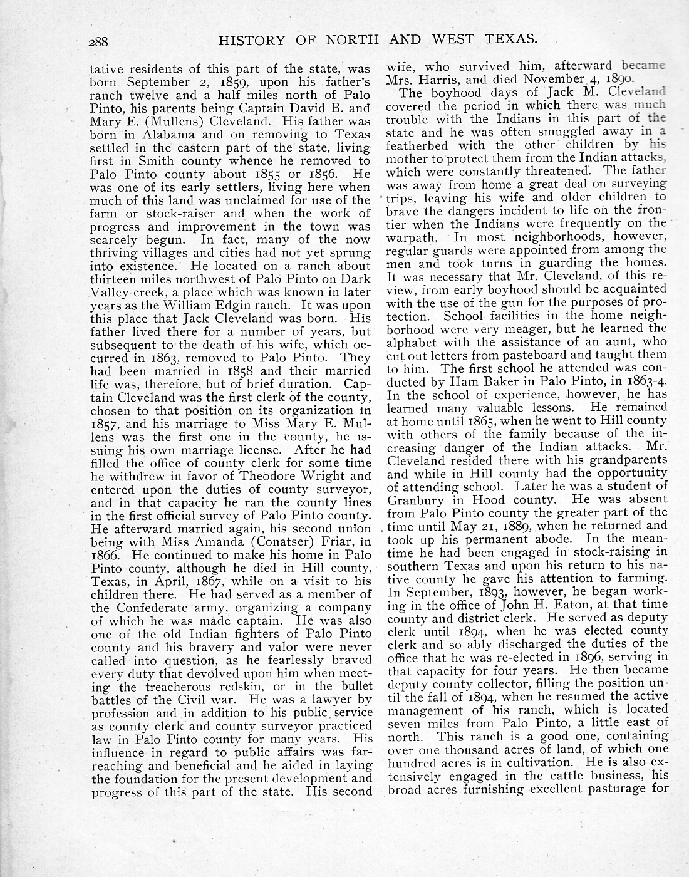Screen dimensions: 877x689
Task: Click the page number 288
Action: tap(99, 42)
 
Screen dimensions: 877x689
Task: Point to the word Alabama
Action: tap(174, 135)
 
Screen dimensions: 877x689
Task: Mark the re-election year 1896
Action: tap(596, 657)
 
